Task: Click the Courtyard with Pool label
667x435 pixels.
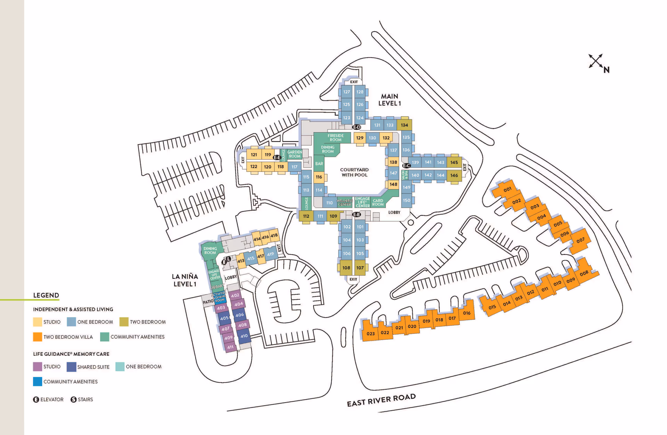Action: (x=354, y=172)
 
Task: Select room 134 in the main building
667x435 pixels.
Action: (x=404, y=125)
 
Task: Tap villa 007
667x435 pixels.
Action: (x=580, y=240)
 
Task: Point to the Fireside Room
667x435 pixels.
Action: (x=335, y=138)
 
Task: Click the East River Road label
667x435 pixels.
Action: (x=381, y=400)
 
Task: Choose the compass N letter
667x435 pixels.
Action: (x=607, y=70)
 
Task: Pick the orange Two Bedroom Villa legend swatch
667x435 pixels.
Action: (x=38, y=337)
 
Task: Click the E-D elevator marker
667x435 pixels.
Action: (x=357, y=127)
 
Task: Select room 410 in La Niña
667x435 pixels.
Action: (x=244, y=336)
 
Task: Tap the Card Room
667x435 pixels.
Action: (x=378, y=202)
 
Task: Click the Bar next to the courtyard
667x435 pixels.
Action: (x=319, y=164)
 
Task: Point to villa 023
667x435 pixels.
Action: (x=371, y=334)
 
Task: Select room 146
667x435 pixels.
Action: (x=454, y=175)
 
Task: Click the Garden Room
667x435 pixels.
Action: (x=295, y=154)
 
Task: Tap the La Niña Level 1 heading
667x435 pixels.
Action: (x=185, y=280)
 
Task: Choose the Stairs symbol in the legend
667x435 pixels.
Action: (x=73, y=400)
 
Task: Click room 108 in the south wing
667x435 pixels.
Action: (x=346, y=268)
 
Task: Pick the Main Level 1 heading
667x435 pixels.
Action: (x=389, y=100)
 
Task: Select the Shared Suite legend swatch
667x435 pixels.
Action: (x=71, y=367)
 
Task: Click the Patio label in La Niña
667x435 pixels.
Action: (x=208, y=302)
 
